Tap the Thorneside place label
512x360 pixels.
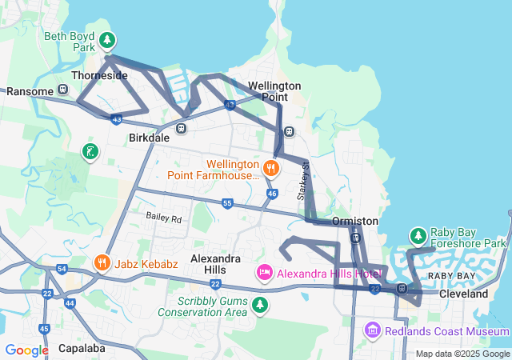(x=99, y=75)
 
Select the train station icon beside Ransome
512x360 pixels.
(x=64, y=91)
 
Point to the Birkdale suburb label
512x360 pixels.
(x=149, y=138)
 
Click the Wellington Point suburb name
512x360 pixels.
(x=274, y=90)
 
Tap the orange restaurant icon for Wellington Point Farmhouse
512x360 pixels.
(x=271, y=168)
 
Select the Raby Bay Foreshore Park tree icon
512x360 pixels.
(x=418, y=236)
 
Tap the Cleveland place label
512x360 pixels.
(x=464, y=294)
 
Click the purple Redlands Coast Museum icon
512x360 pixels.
(x=371, y=330)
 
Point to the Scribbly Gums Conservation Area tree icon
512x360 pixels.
(x=259, y=305)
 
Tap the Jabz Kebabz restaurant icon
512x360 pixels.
(x=102, y=262)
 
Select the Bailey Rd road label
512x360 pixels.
(x=164, y=218)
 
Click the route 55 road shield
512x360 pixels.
(x=227, y=204)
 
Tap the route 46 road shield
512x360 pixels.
(x=272, y=194)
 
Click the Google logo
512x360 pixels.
(x=26, y=350)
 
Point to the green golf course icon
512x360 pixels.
(x=90, y=151)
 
